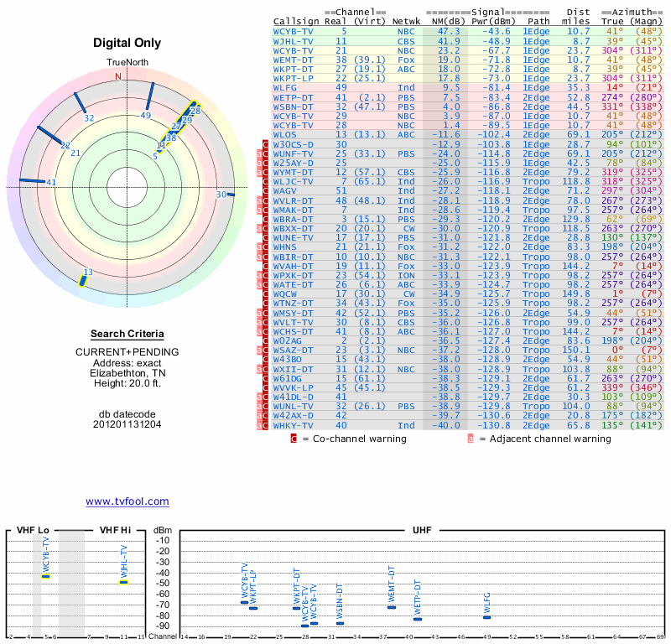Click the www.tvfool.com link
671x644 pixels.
[x=127, y=501]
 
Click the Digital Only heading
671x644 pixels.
[x=127, y=43]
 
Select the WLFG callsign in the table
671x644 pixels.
[x=285, y=86]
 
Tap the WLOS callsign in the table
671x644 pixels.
[x=285, y=134]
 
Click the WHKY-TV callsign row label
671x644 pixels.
[x=294, y=426]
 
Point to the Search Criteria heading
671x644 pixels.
[x=127, y=334]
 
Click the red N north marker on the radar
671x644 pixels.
[x=117, y=76]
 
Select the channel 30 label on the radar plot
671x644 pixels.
[x=221, y=195]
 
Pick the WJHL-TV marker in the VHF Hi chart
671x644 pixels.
[x=123, y=581]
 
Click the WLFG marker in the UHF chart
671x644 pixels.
[x=486, y=617]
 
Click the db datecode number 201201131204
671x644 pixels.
[x=127, y=424]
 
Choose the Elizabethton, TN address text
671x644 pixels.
[x=127, y=373]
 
